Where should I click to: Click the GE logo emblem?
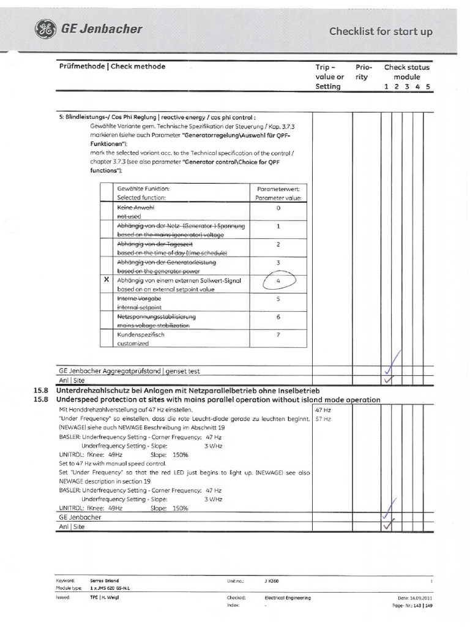pyautogui.click(x=45, y=29)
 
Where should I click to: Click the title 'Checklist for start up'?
pyautogui.click(x=381, y=31)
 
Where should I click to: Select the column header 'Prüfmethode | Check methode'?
pyautogui.click(x=112, y=66)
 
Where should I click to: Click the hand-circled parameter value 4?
pyautogui.click(x=278, y=281)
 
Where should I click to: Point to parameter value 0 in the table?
pyautogui.click(x=278, y=208)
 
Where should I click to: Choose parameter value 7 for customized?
pyautogui.click(x=278, y=336)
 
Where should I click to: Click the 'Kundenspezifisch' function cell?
pyautogui.click(x=141, y=335)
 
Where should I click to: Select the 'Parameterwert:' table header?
pyautogui.click(x=278, y=189)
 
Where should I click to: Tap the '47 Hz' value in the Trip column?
pyautogui.click(x=323, y=409)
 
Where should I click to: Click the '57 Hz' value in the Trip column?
pyautogui.click(x=323, y=419)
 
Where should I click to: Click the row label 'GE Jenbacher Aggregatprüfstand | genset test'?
pyautogui.click(x=129, y=371)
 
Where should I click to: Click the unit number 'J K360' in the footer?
pyautogui.click(x=272, y=580)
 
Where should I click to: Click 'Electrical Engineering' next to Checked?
pyautogui.click(x=288, y=598)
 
